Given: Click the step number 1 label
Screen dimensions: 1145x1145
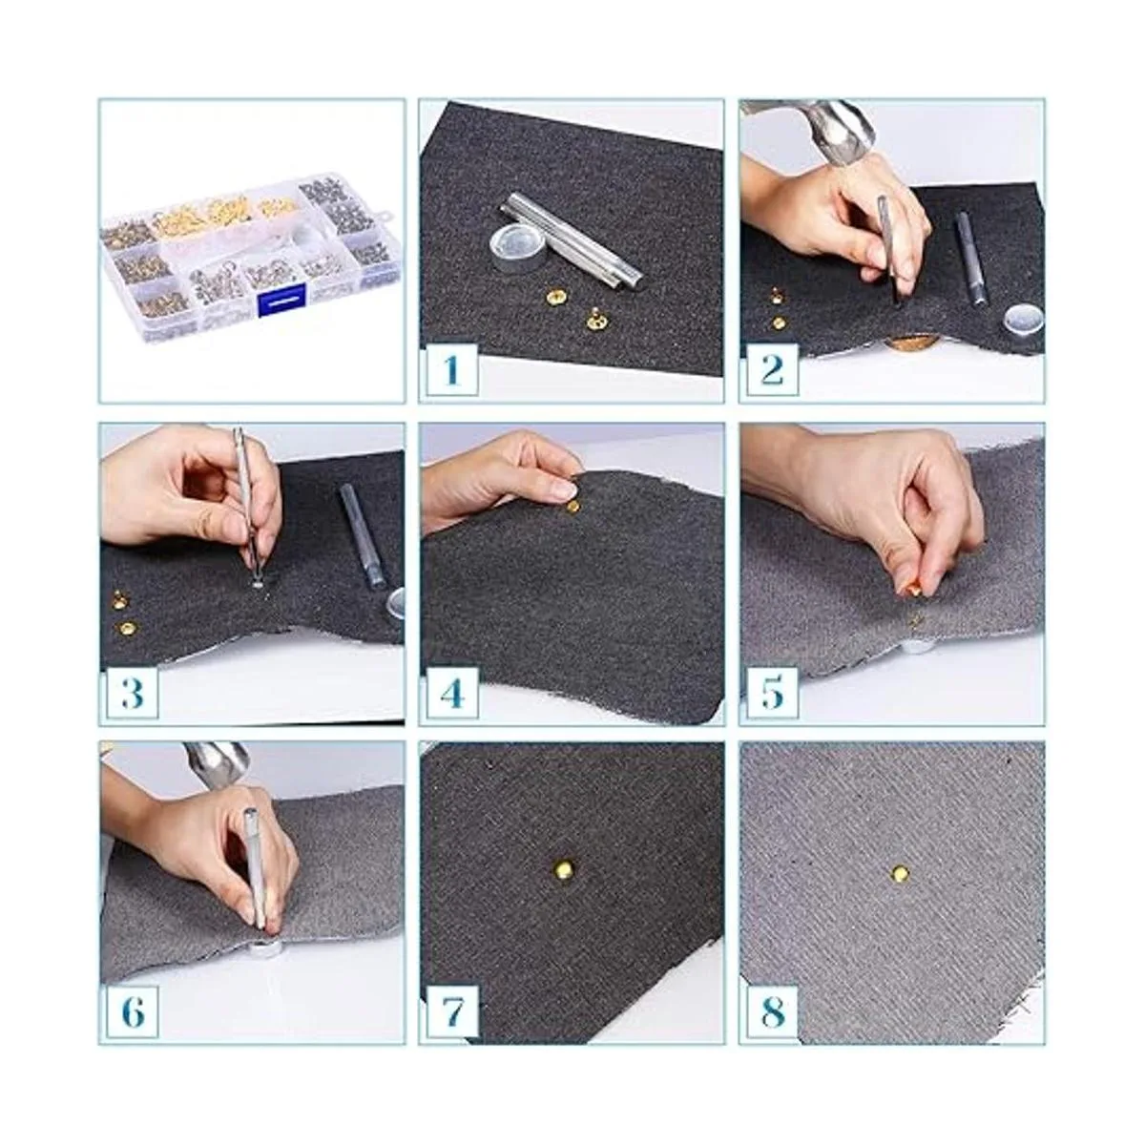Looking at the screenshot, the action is coord(452,369).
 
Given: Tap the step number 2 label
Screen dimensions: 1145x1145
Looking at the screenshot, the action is coord(772,369).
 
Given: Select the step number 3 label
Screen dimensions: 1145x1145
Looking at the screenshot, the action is coord(132,692).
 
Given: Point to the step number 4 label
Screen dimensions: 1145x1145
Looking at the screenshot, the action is coord(452,692).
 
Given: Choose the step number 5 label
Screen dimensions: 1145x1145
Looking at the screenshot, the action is coord(772,692).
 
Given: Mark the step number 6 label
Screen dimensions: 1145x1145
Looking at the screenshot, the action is coord(132,1012).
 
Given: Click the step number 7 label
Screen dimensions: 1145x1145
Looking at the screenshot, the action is coord(452,1012).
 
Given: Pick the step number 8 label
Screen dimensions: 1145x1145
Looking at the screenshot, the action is coord(772,1012).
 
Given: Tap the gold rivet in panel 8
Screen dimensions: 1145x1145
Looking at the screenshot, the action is coord(900,873).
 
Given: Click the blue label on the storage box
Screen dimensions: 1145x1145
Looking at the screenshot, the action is coord(281,300).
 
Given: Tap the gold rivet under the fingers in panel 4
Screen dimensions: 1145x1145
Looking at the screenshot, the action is coord(572,507).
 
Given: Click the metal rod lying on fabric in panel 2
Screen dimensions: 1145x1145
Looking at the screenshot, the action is coord(969,259).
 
